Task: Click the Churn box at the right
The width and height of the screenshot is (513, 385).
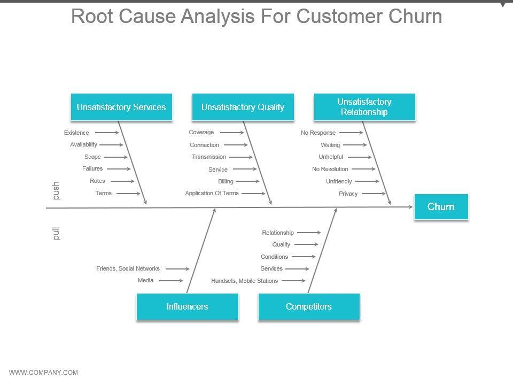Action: click(441, 207)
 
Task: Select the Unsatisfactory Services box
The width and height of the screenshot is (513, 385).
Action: click(121, 107)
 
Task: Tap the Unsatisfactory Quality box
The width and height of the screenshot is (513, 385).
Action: click(243, 107)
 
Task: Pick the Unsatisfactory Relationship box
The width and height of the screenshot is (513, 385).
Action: click(364, 107)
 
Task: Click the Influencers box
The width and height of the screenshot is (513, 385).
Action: click(187, 306)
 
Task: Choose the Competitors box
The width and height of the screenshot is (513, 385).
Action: click(308, 306)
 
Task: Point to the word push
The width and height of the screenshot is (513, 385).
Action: click(56, 191)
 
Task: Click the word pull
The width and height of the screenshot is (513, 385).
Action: click(56, 233)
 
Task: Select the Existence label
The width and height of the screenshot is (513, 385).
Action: click(76, 133)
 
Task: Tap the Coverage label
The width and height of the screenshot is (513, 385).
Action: click(201, 132)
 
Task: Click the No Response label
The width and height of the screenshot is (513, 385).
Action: click(318, 133)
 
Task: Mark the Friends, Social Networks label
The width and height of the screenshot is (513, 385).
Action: click(128, 268)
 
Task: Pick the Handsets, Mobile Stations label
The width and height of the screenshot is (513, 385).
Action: click(244, 281)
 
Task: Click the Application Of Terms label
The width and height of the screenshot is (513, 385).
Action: click(212, 193)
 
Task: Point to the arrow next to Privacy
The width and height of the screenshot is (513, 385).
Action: click(374, 194)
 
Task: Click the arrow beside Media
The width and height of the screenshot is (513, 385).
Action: click(171, 280)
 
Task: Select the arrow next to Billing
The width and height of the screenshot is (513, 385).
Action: click(248, 181)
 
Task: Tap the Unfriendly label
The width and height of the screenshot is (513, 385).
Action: click(339, 181)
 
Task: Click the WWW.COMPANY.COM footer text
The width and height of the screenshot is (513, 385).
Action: click(44, 373)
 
